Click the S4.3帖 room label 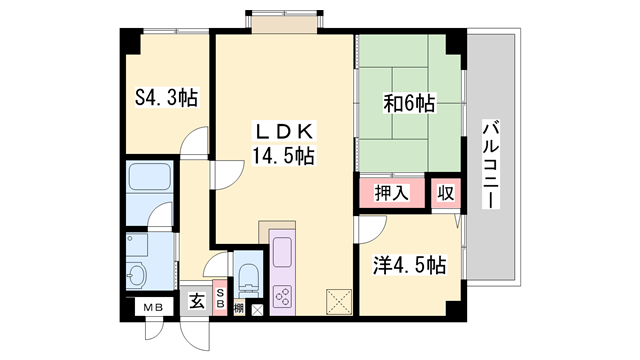tap(165, 98)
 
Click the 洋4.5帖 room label tap(409, 266)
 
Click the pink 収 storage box tap(444, 193)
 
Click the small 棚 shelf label tap(239, 309)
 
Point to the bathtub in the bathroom tap(150, 182)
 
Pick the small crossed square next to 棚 tap(257, 309)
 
